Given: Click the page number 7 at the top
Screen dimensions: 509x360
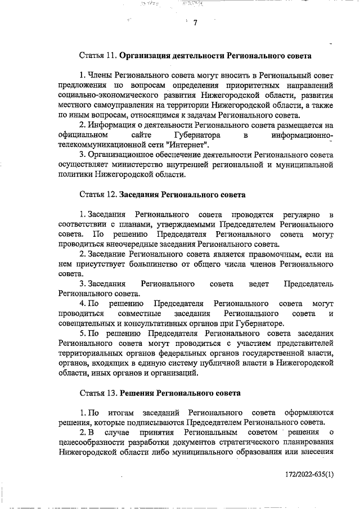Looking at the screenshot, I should pyautogui.click(x=195, y=24).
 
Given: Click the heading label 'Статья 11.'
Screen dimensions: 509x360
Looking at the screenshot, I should pyautogui.click(x=97, y=56).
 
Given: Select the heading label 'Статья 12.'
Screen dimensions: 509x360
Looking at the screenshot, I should pyautogui.click(x=97, y=195).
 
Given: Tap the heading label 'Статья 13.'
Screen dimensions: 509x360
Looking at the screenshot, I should pyautogui.click(x=97, y=391).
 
